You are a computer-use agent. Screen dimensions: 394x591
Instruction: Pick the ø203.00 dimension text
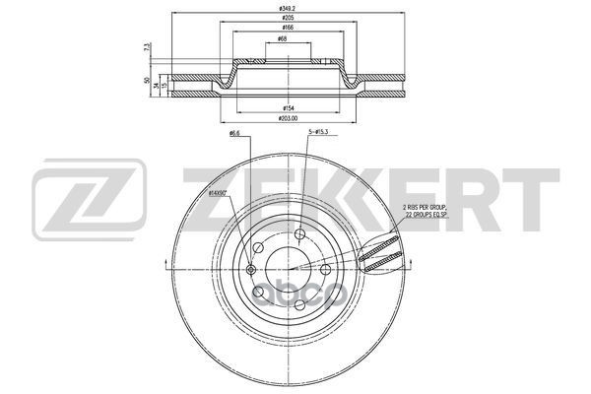click(289, 117)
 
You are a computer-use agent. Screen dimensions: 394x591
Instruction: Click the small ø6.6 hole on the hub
click(251, 270)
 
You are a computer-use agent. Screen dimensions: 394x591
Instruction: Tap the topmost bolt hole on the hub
click(300, 234)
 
